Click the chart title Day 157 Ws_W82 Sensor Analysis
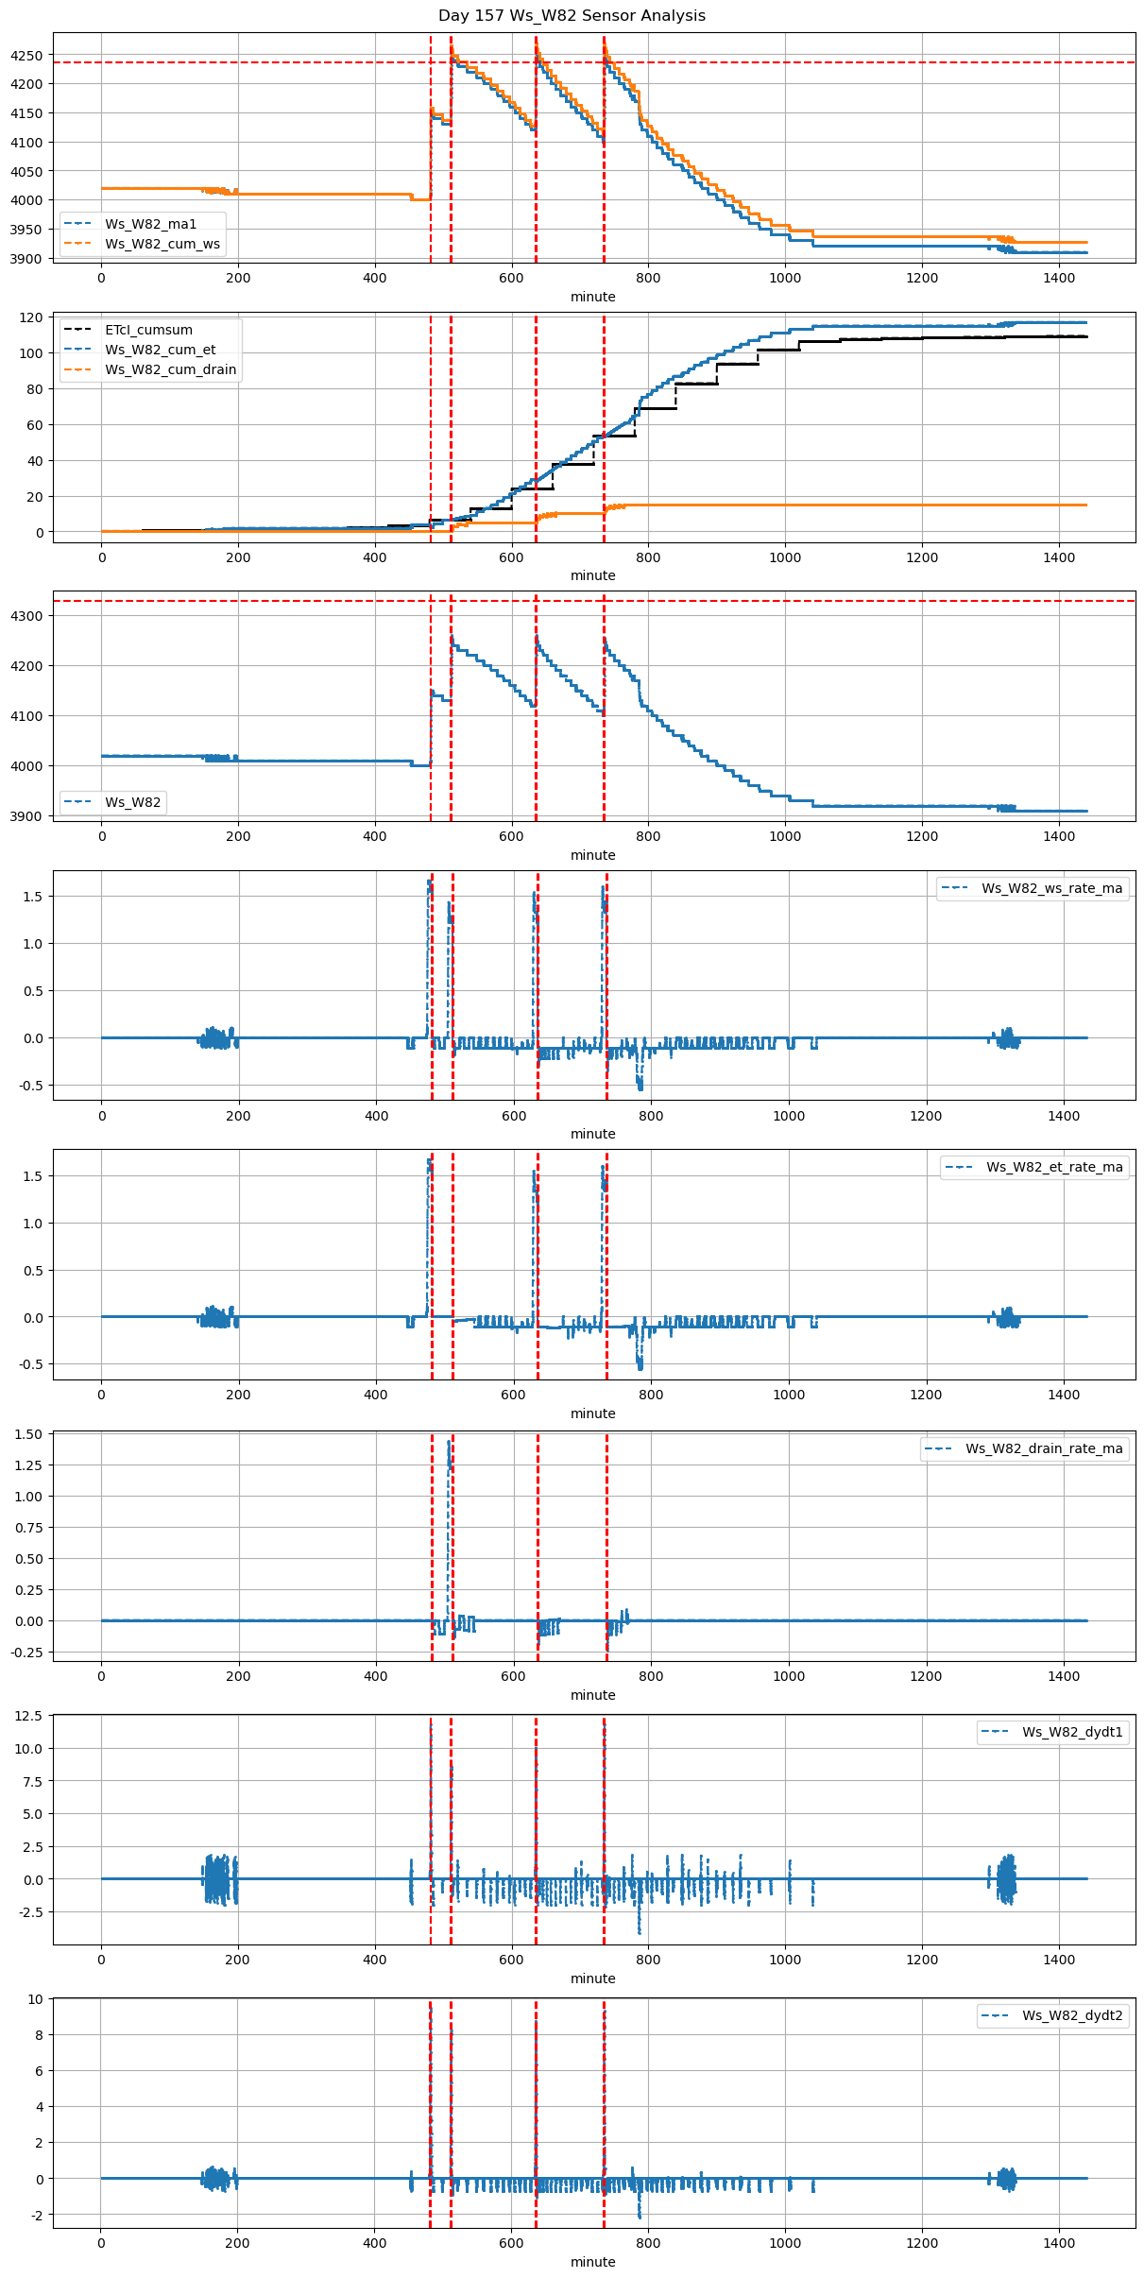click(x=572, y=16)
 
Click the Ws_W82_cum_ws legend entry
click(x=162, y=244)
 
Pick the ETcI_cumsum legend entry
click(x=148, y=330)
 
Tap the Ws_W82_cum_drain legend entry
click(x=170, y=369)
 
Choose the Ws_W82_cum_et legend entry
click(x=160, y=350)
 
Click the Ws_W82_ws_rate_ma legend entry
click(x=1051, y=888)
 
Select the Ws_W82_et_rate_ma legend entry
click(x=1054, y=1167)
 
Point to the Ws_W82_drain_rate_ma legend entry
click(x=1044, y=1448)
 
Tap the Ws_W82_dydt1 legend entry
click(x=1072, y=1732)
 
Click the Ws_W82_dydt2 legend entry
click(x=1072, y=2015)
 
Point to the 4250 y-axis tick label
click(x=26, y=56)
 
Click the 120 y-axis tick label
click(x=32, y=317)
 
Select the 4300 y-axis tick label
click(x=26, y=616)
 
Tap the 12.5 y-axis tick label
click(x=28, y=1717)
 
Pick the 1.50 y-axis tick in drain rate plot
click(x=28, y=1434)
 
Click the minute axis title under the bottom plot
click(x=592, y=2262)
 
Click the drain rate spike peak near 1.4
click(x=449, y=1442)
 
